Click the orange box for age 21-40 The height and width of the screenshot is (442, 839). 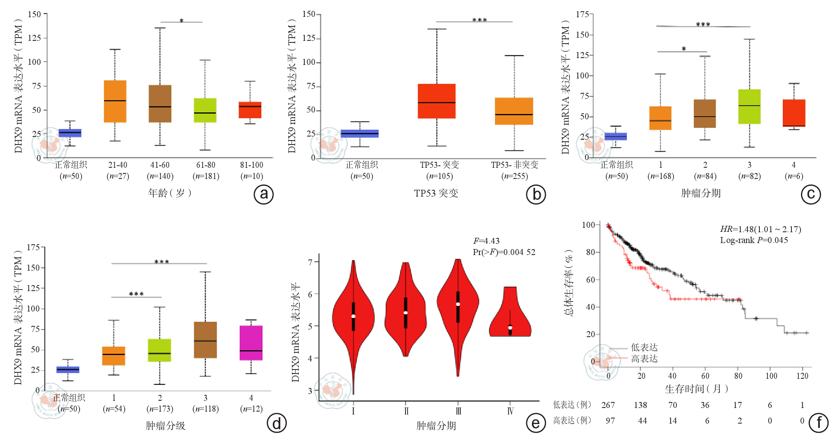(x=115, y=101)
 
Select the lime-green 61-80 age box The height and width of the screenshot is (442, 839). (x=205, y=110)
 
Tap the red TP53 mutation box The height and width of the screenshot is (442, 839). (x=437, y=101)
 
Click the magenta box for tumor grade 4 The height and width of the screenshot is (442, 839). (x=251, y=343)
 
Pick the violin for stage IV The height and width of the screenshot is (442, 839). (x=510, y=316)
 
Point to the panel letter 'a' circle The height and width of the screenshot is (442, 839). (x=264, y=195)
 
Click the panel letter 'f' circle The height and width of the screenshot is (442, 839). (x=819, y=423)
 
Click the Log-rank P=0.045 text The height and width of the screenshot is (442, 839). (x=754, y=240)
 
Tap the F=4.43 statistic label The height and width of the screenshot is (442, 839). (x=486, y=241)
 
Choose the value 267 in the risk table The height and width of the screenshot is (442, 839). (x=608, y=405)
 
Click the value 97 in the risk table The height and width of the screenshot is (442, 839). (x=610, y=421)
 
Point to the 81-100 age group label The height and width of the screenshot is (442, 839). (x=252, y=165)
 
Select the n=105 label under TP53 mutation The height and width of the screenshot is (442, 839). (x=439, y=176)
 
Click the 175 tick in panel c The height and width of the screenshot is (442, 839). (x=582, y=14)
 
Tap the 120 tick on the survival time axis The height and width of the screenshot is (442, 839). (x=802, y=376)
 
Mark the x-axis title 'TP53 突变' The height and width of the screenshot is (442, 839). (x=436, y=193)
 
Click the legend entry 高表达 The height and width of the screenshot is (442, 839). (x=644, y=359)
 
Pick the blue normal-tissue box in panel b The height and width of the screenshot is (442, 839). (x=360, y=134)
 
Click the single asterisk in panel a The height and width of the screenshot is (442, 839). (x=182, y=21)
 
